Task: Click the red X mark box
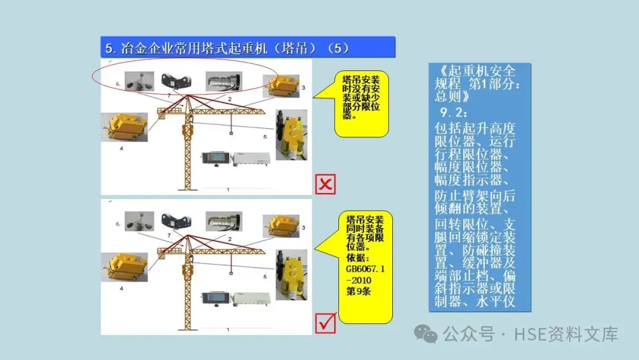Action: pyautogui.click(x=325, y=184)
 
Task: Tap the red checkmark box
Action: pyautogui.click(x=325, y=323)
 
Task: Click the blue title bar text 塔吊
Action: pyautogui.click(x=294, y=48)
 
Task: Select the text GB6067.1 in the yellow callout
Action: pyautogui.click(x=365, y=269)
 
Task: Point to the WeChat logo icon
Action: pyautogui.click(x=426, y=334)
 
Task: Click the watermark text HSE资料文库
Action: pyautogui.click(x=566, y=335)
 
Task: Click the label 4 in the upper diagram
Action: pyautogui.click(x=121, y=149)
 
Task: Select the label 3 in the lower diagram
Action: pyautogui.click(x=303, y=228)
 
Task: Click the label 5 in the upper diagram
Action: pyautogui.click(x=265, y=137)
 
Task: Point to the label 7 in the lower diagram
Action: pyautogui.click(x=169, y=236)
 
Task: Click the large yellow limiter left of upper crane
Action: pyautogui.click(x=124, y=127)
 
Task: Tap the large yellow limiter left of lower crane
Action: pyautogui.click(x=124, y=267)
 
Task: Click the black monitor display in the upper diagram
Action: pyautogui.click(x=216, y=158)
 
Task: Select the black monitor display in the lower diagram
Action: pyautogui.click(x=216, y=298)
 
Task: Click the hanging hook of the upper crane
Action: pyautogui.click(x=231, y=133)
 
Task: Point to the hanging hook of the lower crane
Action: pyautogui.click(x=231, y=273)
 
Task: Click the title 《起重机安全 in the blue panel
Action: pyautogui.click(x=475, y=71)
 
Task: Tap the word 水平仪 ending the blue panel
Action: pyautogui.click(x=495, y=302)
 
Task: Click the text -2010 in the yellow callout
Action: pyautogui.click(x=359, y=281)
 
